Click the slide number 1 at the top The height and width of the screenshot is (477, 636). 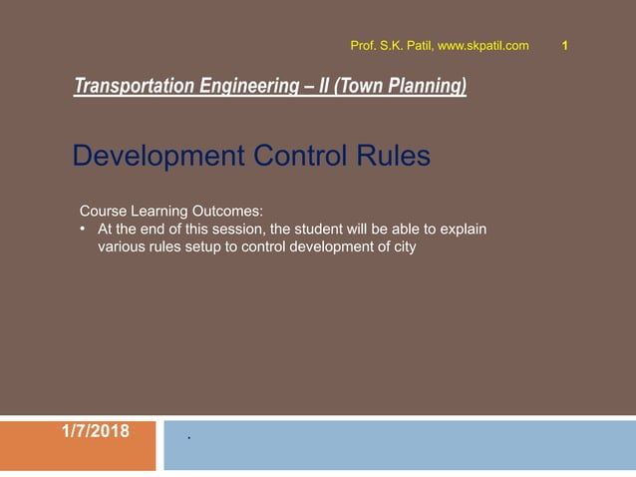(566, 45)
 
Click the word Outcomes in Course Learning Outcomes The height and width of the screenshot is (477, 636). (229, 212)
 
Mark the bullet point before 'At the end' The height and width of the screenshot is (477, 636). (84, 230)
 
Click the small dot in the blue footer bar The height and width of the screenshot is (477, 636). (188, 438)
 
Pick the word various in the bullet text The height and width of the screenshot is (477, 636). (121, 247)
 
